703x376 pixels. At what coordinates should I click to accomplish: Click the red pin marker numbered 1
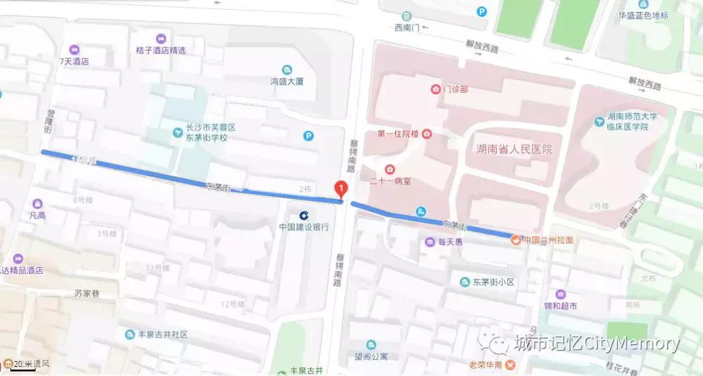[340, 189]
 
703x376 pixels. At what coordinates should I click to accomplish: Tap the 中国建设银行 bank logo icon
[304, 215]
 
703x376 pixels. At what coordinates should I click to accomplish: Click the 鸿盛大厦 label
[287, 81]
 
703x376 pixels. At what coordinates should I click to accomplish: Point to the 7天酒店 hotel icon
[74, 50]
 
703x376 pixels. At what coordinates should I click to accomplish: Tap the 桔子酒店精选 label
[161, 50]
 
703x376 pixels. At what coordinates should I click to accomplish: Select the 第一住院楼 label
[399, 134]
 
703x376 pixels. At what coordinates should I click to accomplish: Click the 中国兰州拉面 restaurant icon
[516, 240]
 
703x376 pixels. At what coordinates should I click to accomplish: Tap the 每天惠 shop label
[450, 242]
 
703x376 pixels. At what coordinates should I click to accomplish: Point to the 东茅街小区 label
[493, 282]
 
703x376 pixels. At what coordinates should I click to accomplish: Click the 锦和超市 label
[560, 306]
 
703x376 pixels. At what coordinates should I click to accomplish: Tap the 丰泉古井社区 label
[163, 334]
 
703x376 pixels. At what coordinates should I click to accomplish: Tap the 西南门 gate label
[406, 27]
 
